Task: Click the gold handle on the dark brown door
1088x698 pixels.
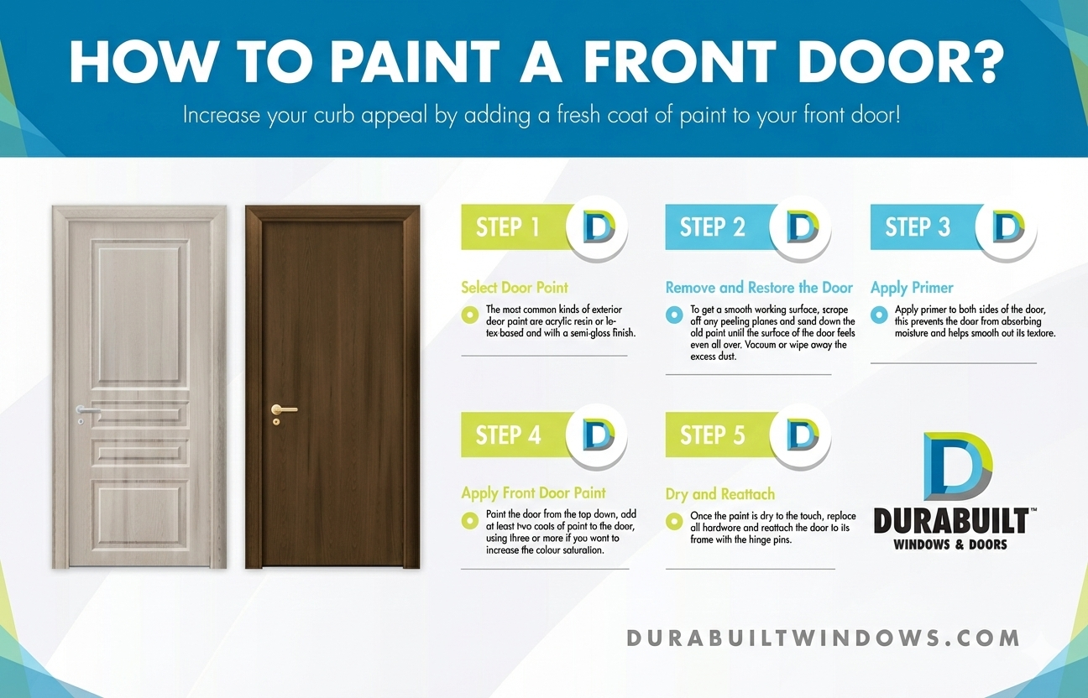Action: click(284, 409)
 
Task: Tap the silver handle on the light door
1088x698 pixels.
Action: click(88, 410)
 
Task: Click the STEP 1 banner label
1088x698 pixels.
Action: click(508, 227)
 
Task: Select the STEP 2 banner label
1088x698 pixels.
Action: click(712, 227)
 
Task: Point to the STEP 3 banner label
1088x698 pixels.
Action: click(918, 227)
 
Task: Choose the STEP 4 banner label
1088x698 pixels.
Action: click(508, 435)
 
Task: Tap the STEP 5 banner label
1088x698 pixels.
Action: click(712, 435)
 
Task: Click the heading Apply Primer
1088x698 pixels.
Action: click(912, 288)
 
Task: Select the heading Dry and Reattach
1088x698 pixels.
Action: click(719, 494)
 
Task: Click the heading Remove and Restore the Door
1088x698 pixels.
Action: click(759, 288)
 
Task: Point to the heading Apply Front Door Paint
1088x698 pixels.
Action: click(533, 493)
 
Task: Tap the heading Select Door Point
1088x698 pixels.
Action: click(515, 288)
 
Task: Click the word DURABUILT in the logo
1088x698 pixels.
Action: click(951, 521)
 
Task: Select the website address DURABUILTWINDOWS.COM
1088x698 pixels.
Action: click(824, 638)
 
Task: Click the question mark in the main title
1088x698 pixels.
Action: click(986, 61)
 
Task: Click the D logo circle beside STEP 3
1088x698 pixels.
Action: click(1006, 227)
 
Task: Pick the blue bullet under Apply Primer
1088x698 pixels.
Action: click(879, 315)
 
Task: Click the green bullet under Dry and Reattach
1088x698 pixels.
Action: click(674, 521)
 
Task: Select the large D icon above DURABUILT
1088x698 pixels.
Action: click(958, 466)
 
